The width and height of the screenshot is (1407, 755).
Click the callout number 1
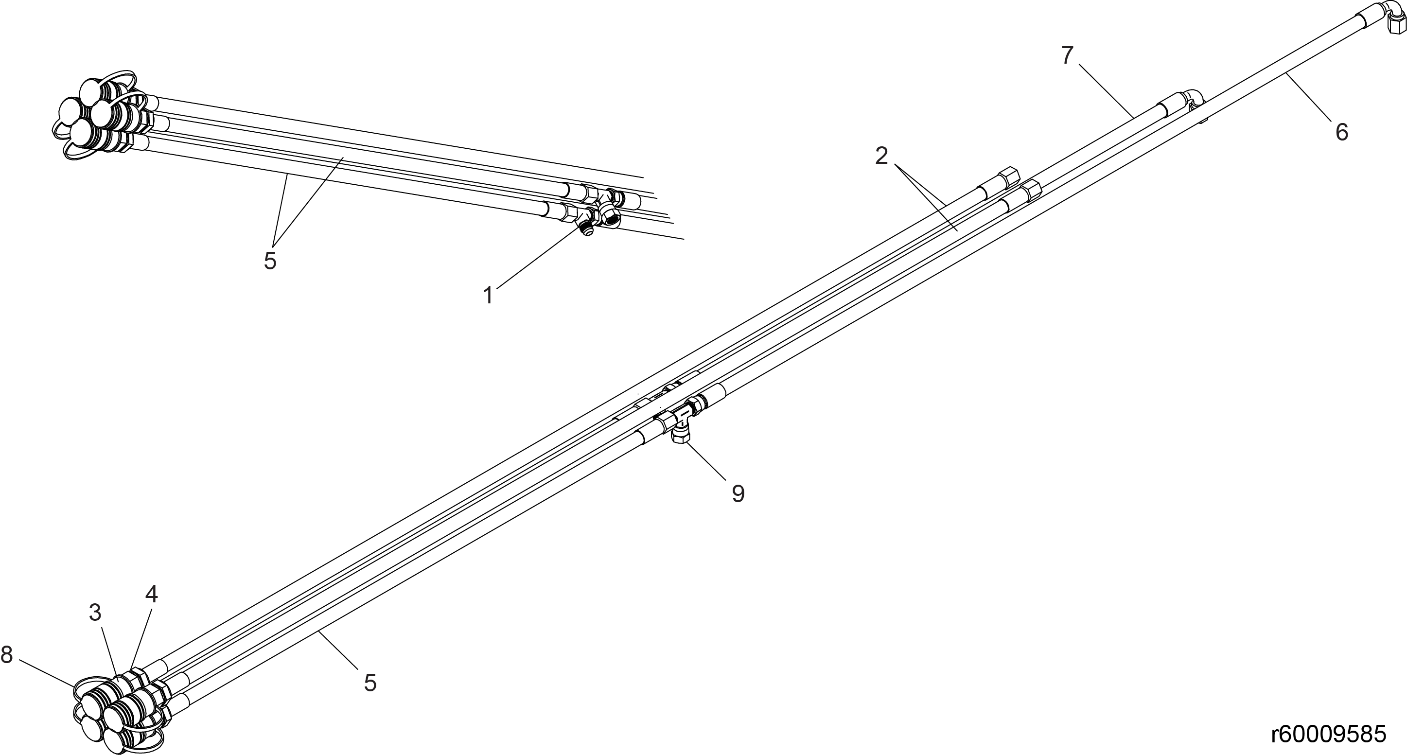click(488, 296)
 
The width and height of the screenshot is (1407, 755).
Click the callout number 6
click(1342, 132)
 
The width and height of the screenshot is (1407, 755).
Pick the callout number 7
click(1067, 55)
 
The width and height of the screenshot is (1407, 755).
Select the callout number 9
click(738, 494)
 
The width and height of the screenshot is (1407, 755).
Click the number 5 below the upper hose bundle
click(270, 261)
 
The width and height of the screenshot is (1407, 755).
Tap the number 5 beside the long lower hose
click(370, 683)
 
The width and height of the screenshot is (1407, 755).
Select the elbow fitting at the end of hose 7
click(1193, 102)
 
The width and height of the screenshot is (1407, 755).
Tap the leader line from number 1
click(537, 257)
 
